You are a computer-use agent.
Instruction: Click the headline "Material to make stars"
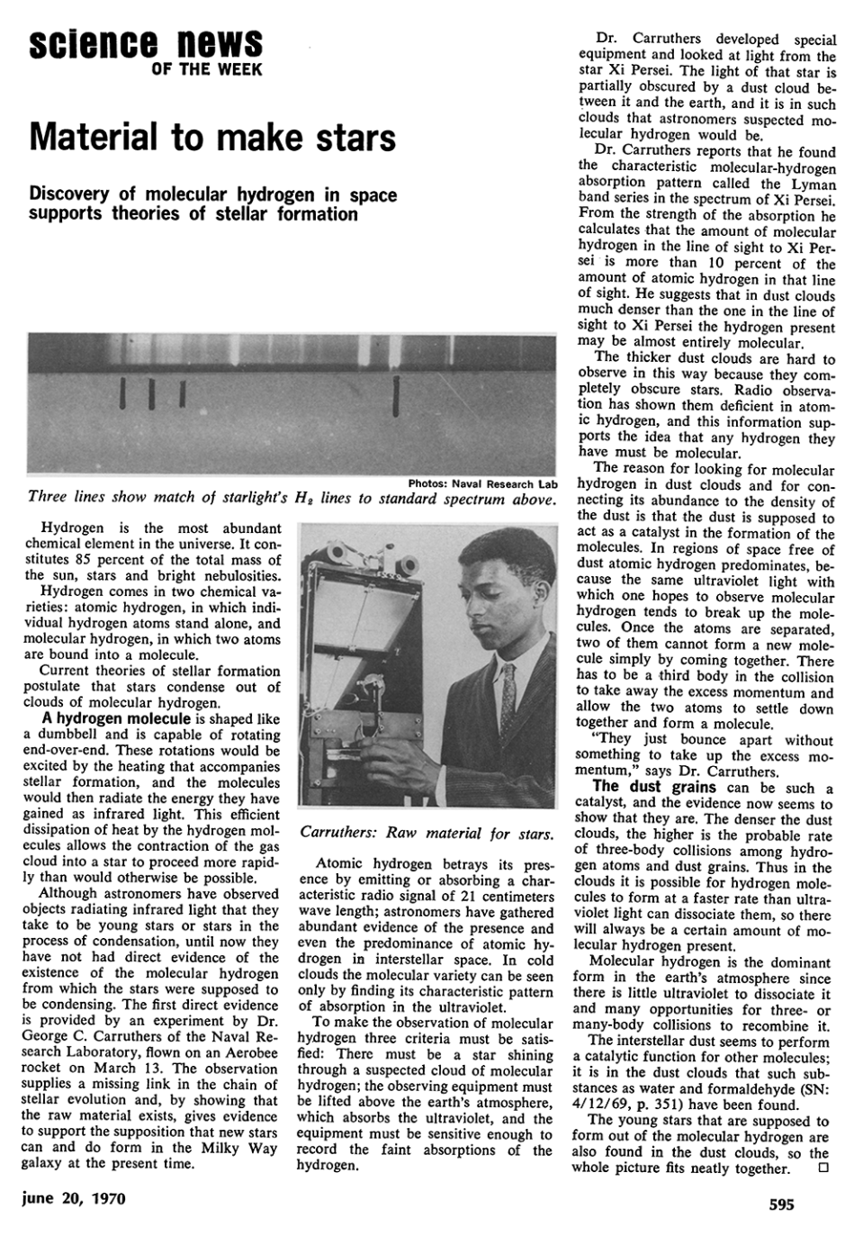point(212,138)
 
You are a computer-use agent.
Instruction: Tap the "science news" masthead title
point(146,42)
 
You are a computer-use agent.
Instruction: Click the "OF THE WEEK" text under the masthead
point(207,69)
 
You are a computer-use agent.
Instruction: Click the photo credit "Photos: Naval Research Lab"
point(482,483)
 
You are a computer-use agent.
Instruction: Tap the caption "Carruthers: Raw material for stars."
point(426,833)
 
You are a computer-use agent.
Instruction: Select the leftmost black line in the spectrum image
point(121,392)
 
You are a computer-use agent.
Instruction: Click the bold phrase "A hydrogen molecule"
point(116,718)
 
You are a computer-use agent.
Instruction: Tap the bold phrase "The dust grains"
point(654,786)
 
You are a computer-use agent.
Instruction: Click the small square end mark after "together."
point(822,1168)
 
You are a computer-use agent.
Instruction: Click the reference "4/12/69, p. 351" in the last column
point(630,1105)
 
